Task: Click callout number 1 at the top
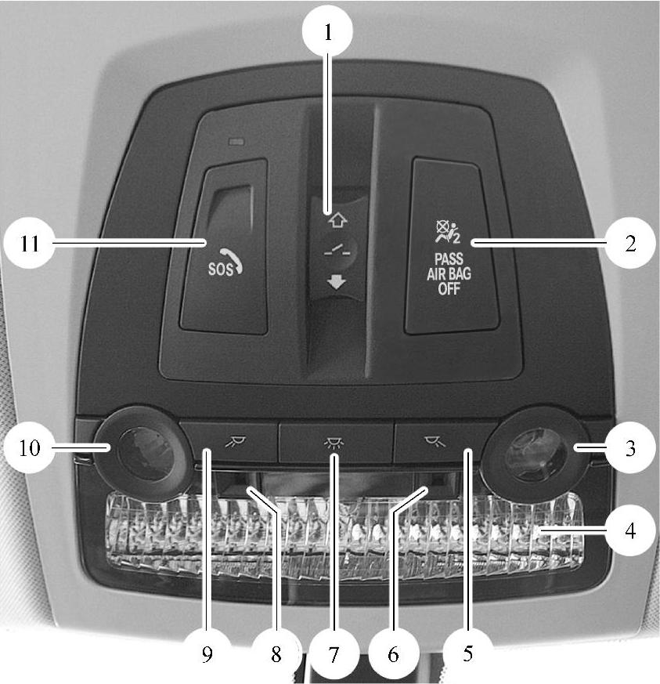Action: tap(328, 31)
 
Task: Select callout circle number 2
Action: tap(630, 243)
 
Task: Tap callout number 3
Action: tap(630, 447)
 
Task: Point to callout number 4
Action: tap(630, 530)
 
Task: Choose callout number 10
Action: tap(29, 447)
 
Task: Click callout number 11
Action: tap(29, 243)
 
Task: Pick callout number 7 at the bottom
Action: tap(334, 654)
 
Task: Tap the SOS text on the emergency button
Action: tap(220, 270)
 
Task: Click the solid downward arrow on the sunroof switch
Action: tap(337, 283)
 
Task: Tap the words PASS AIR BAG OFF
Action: tap(449, 274)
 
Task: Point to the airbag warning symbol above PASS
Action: tap(448, 232)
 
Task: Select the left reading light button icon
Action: tap(236, 443)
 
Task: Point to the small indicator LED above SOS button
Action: tap(236, 142)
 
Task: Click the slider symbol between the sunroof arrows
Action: tap(337, 251)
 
